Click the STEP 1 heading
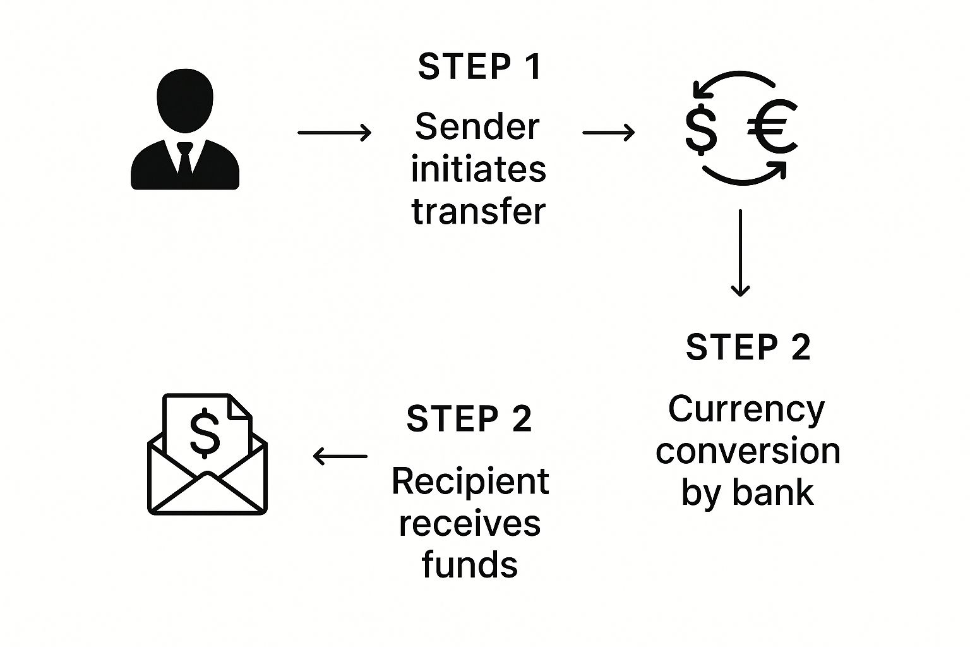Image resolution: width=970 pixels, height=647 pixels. [x=479, y=67]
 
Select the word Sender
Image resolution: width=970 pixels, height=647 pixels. [x=477, y=127]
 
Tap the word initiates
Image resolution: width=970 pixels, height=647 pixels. [x=478, y=169]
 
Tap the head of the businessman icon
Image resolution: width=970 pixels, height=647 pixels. [x=184, y=100]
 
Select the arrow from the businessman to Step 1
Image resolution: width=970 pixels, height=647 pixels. [x=334, y=133]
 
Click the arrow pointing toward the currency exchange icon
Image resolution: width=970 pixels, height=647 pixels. [x=608, y=133]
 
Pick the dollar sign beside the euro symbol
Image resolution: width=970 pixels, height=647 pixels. [x=701, y=130]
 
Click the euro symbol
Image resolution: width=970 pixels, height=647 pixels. [x=772, y=128]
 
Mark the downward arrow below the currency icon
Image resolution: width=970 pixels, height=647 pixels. [x=739, y=253]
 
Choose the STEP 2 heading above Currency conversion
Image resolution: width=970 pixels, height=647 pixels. [x=748, y=348]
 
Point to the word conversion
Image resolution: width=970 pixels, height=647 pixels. [x=748, y=452]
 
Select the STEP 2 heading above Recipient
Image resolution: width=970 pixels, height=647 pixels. [x=469, y=419]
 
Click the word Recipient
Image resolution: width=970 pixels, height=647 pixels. [x=470, y=481]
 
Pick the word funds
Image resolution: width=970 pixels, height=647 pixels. [x=470, y=564]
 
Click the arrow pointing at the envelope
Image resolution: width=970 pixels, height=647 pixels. [x=340, y=456]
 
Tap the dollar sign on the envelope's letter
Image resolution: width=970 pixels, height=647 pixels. [x=205, y=432]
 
